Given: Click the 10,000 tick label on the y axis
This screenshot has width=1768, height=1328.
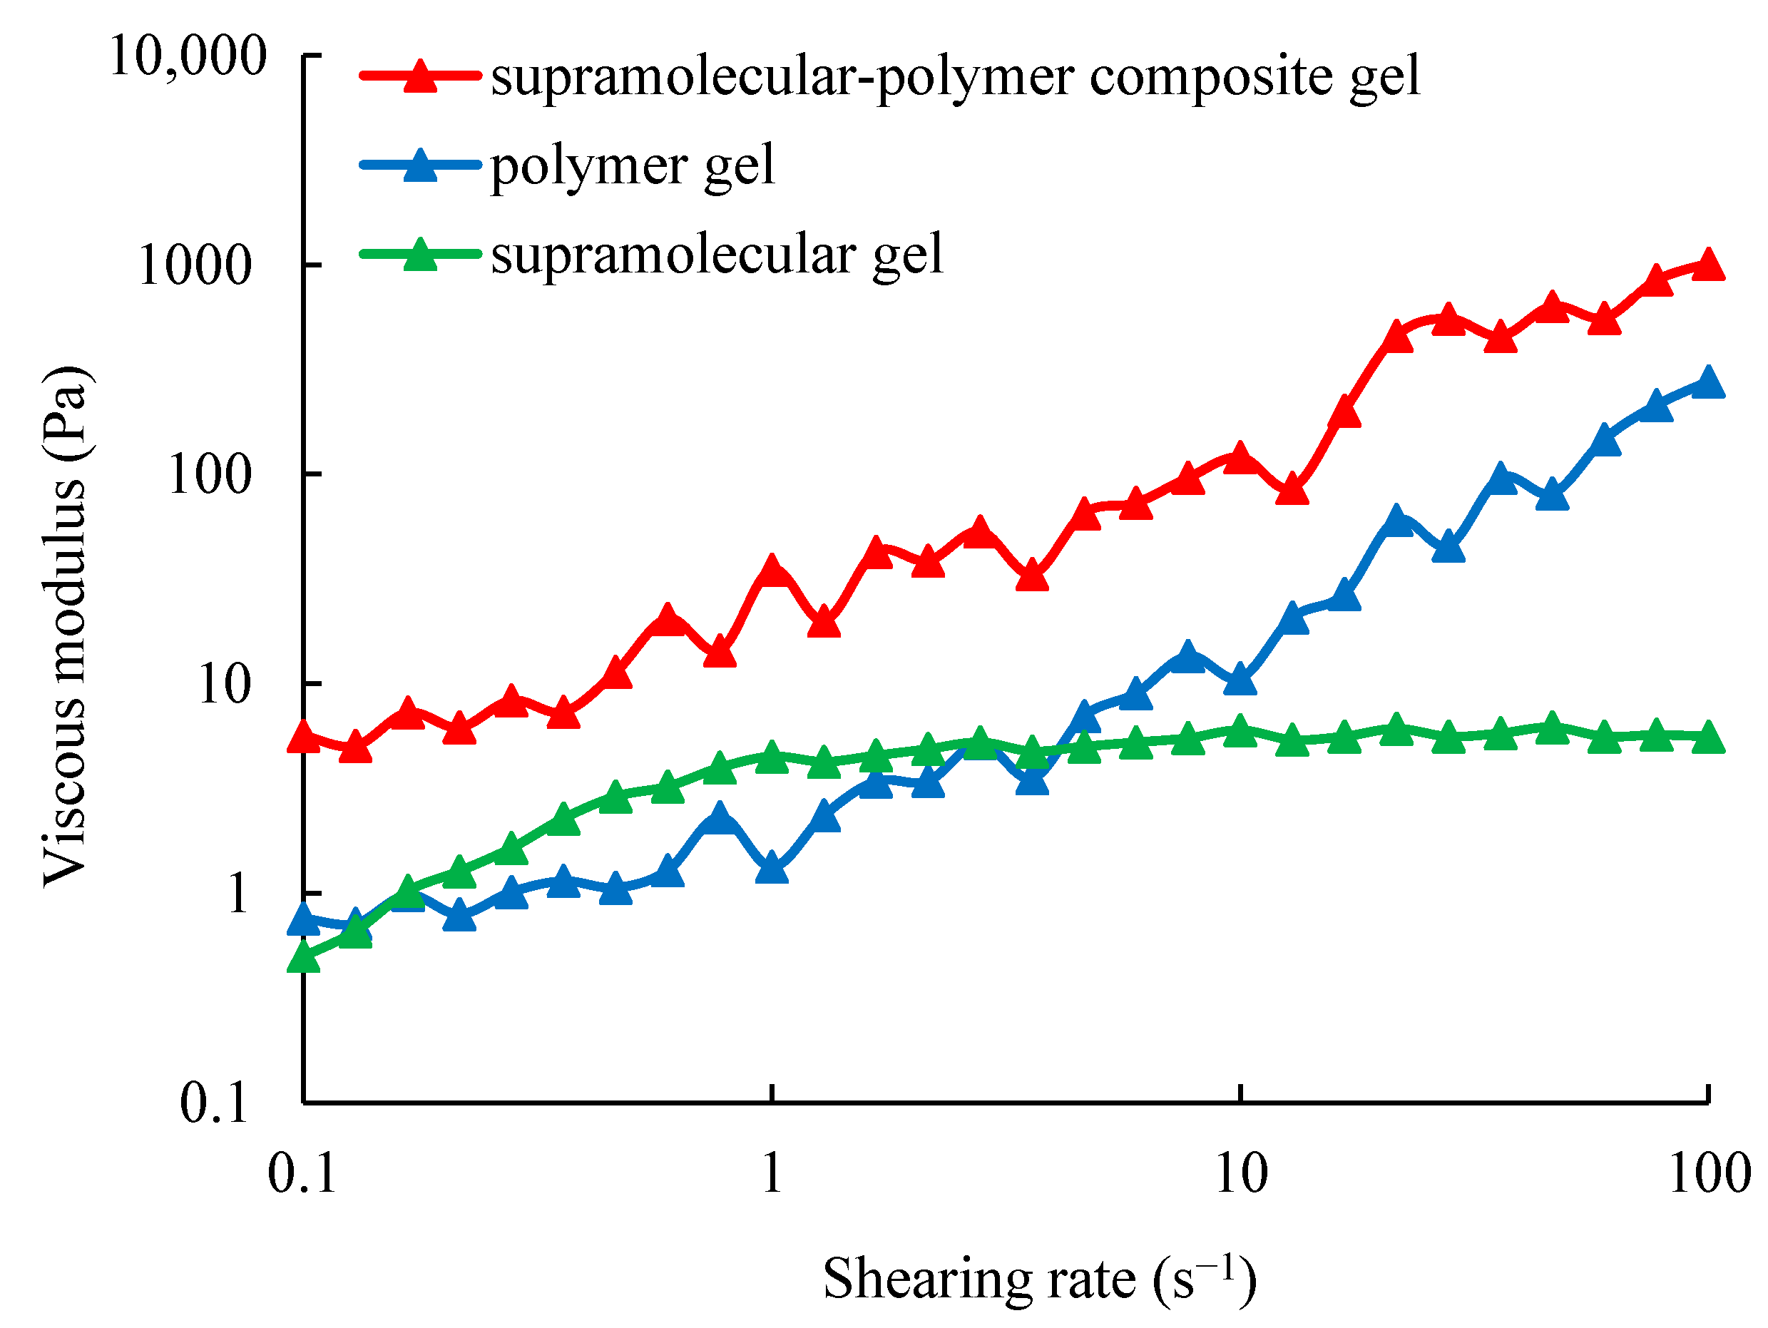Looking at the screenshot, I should click(x=187, y=58).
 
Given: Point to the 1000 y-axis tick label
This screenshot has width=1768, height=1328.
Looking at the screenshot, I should click(x=194, y=266).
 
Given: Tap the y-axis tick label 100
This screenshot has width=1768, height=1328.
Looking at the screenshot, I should click(x=210, y=476).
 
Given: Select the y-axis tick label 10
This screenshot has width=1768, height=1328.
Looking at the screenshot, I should click(x=224, y=685).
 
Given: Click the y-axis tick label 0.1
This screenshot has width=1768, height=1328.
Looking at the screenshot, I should click(x=214, y=1104).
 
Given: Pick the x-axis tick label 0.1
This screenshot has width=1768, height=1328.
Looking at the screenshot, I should click(x=302, y=1174).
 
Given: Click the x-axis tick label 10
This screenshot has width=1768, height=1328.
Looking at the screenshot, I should click(x=1240, y=1174).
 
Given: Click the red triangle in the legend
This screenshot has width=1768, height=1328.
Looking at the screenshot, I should click(x=420, y=78).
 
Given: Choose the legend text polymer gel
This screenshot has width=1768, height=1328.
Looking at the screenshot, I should click(x=632, y=166).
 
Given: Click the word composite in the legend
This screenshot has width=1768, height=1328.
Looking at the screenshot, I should click(x=1210, y=78).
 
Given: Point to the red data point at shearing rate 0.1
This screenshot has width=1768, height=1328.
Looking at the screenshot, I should click(x=304, y=737).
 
